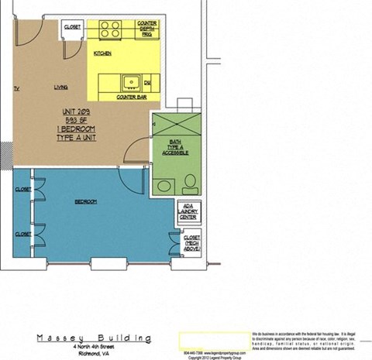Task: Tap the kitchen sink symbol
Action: pyautogui.click(x=130, y=81)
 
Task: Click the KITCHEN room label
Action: pyautogui.click(x=103, y=53)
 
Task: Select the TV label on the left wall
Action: pyautogui.click(x=16, y=89)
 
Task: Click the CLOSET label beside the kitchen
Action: pyautogui.click(x=72, y=27)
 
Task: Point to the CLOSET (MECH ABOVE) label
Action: pyautogui.click(x=191, y=244)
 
